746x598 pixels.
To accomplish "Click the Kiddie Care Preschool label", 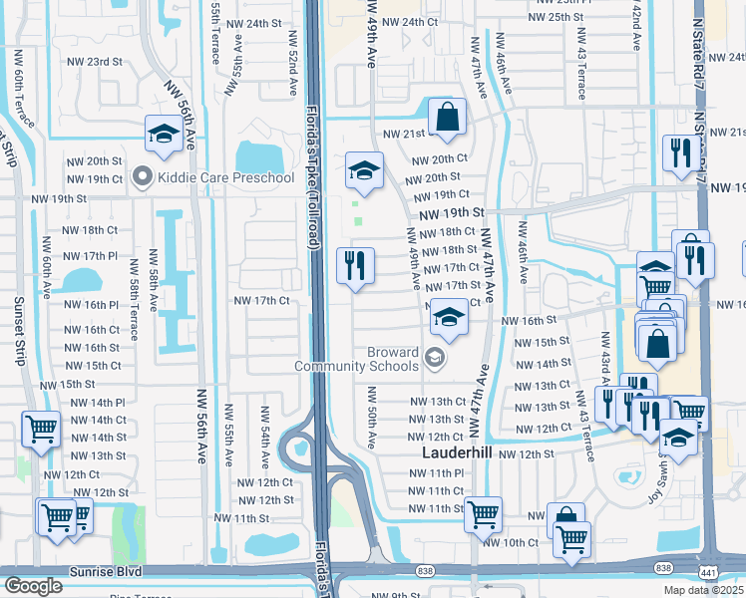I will [x=225, y=177].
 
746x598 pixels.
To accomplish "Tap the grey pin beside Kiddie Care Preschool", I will [x=142, y=177].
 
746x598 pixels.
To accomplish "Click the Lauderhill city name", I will [x=452, y=451].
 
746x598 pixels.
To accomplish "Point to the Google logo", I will [x=33, y=586].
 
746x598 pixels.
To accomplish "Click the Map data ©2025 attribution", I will [x=703, y=590].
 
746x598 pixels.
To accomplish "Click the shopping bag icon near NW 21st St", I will [x=448, y=116].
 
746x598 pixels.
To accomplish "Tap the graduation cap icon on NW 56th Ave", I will [x=162, y=134].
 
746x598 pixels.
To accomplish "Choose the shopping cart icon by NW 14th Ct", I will [x=41, y=430].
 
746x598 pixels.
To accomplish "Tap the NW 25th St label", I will [x=558, y=17].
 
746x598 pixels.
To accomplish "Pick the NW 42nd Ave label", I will [x=636, y=28].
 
